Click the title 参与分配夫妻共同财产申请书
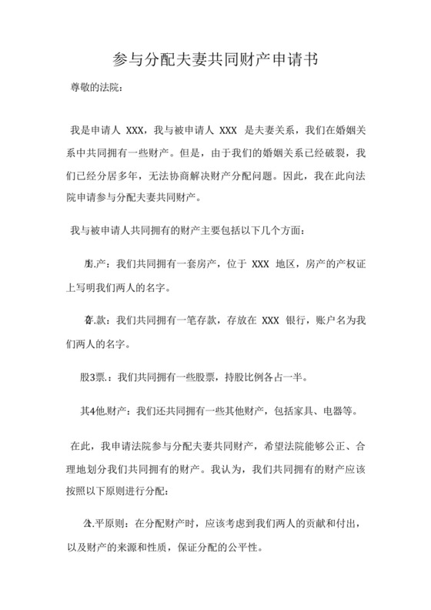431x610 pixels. coord(215,59)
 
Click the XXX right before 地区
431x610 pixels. coord(260,264)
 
